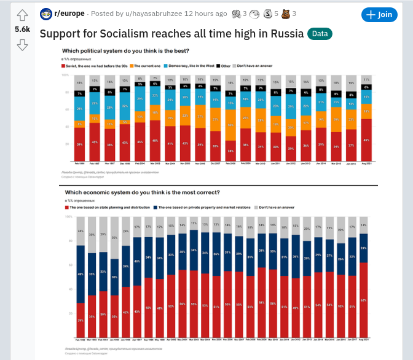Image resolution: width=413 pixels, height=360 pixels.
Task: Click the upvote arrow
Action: coord(22,15)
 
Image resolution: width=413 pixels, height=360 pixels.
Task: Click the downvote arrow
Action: coord(22,44)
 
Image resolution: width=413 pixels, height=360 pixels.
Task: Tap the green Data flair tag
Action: coord(320,33)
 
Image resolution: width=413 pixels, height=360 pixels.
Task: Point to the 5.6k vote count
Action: coord(22,29)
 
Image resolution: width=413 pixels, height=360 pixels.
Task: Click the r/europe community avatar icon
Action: coord(46,14)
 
